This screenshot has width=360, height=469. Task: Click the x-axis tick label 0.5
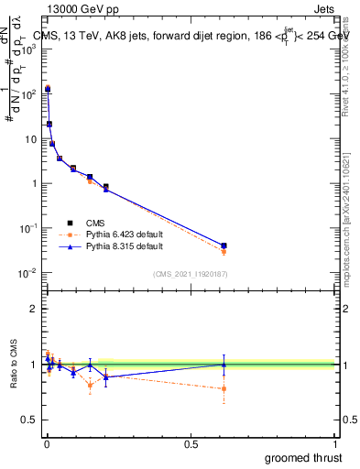(191, 444)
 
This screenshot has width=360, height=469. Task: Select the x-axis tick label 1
(336, 444)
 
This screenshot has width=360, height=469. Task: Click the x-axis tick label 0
(46, 444)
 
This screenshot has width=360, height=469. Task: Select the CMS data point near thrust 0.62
(224, 245)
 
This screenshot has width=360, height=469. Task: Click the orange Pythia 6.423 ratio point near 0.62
(224, 388)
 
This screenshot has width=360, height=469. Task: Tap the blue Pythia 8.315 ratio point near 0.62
(224, 365)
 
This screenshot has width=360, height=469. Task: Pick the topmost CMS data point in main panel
(48, 90)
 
